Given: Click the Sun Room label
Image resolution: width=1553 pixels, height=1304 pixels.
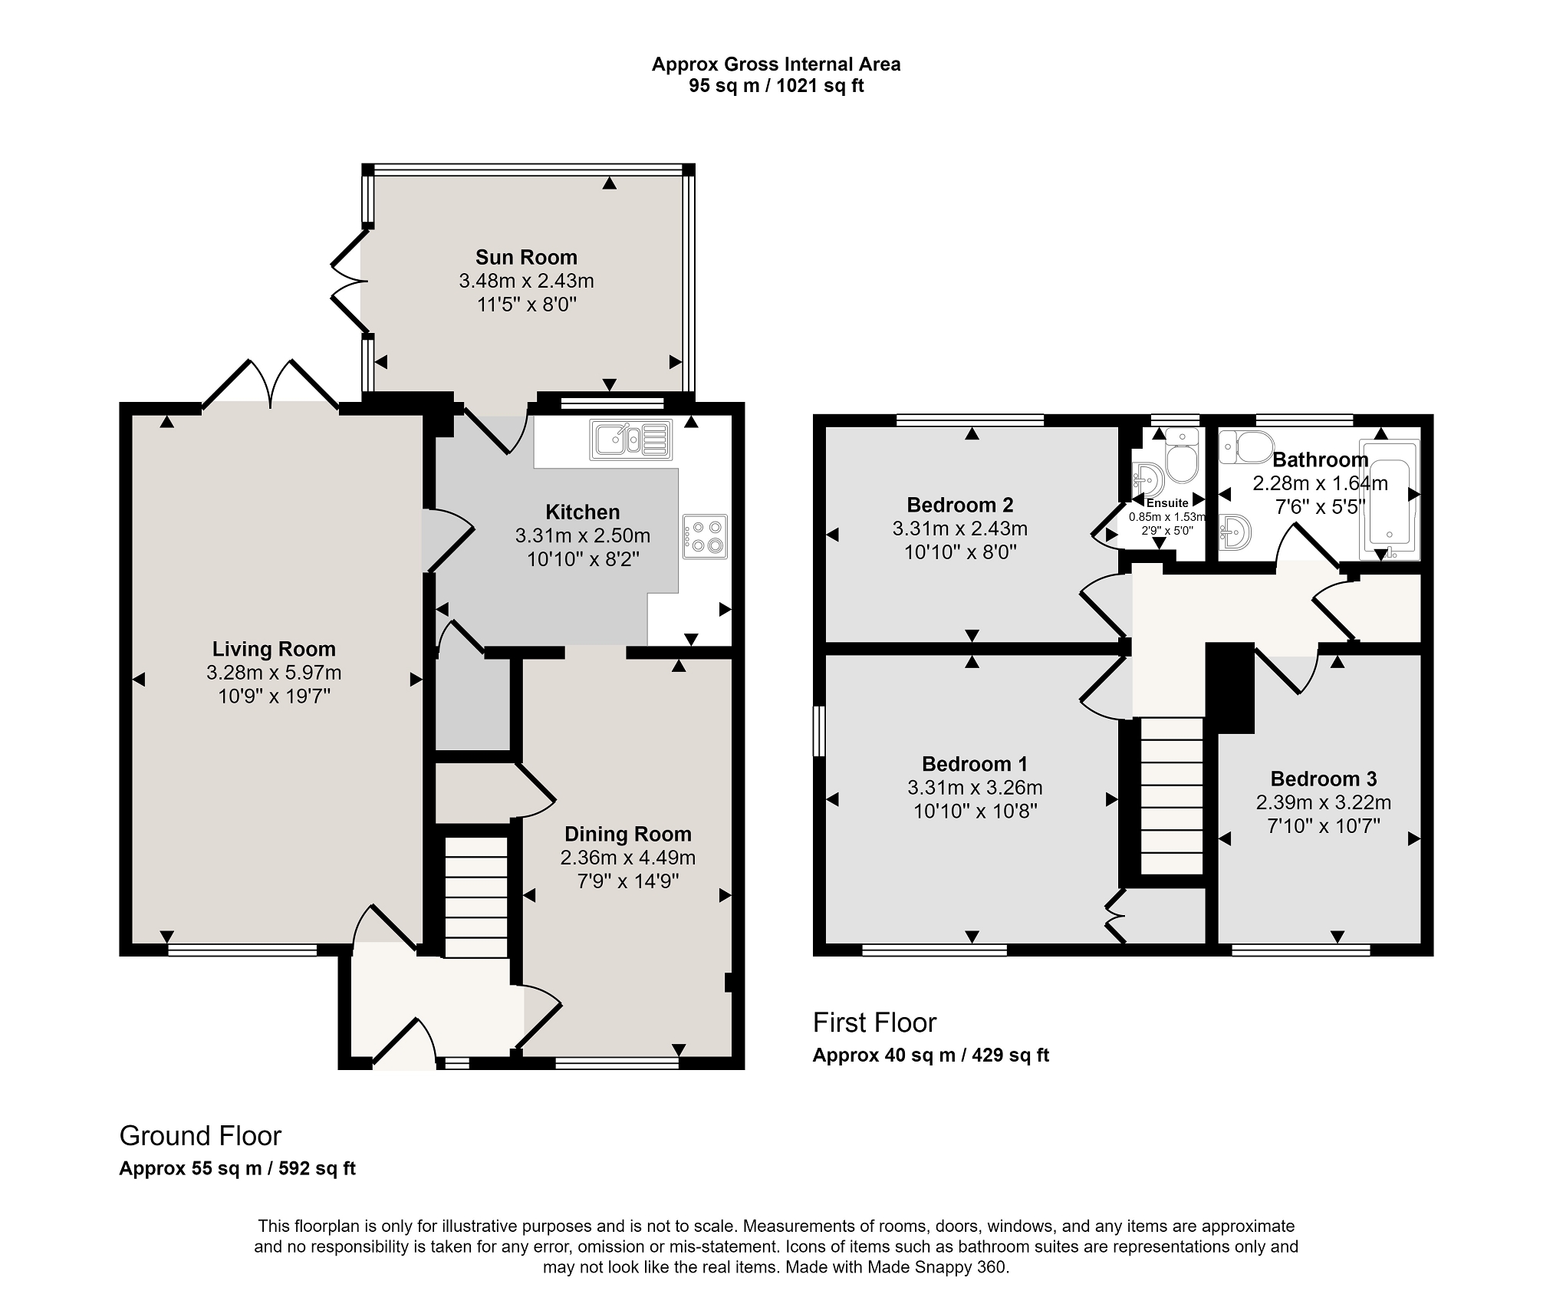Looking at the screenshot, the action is pos(526,257).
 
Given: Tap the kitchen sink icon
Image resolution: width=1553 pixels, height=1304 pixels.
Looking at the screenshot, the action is pos(631,440).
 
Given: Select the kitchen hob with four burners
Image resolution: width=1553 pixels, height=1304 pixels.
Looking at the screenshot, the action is pos(705,536).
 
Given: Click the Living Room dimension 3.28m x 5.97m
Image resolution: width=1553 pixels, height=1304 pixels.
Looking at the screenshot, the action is pos(274,673).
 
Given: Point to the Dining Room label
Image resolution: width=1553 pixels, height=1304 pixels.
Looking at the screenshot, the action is pos(628,834).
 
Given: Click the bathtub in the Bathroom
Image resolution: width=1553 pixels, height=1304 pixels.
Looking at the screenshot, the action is pos(1389,499).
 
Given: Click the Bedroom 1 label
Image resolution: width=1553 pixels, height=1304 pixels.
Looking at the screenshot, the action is pos(975,764).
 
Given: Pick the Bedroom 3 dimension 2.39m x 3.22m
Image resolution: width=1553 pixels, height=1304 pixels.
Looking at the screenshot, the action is pos(1324,802).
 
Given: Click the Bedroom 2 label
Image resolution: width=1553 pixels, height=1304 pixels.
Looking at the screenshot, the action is pos(960,505).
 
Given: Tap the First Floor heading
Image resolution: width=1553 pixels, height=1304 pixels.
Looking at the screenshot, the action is pos(875,1022).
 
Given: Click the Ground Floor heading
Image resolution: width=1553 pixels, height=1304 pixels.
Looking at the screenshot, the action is pos(201,1135).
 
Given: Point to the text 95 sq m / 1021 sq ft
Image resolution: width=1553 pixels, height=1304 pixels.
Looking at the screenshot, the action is pos(776,85).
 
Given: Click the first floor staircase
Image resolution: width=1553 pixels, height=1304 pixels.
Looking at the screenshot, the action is pos(1171,795).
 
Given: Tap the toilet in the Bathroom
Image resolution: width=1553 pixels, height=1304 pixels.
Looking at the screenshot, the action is pos(1245,446).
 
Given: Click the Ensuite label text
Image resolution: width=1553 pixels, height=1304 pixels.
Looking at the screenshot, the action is pos(1167,503).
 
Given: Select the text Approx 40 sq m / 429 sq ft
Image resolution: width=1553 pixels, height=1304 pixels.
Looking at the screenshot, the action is pos(931,1055).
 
